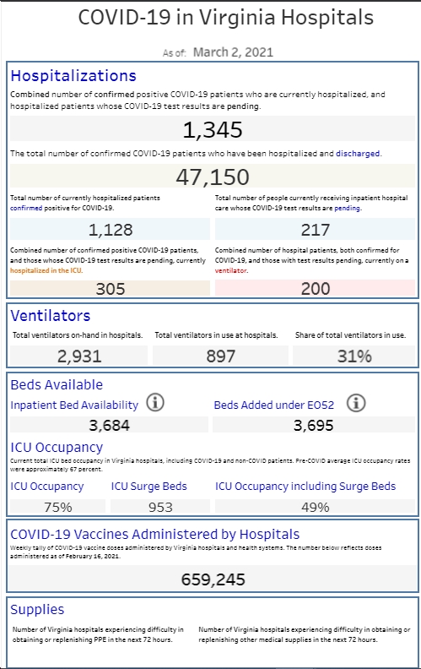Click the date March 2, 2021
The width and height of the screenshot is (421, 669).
[233, 52]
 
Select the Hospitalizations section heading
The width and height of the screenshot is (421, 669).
[73, 75]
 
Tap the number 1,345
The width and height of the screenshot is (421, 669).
[213, 130]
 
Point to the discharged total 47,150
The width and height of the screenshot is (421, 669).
[213, 177]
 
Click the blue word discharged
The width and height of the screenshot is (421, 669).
[358, 154]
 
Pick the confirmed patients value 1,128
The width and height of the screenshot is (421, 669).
[111, 230]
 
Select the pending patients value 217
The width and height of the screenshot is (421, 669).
[316, 230]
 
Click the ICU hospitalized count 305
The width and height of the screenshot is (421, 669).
[111, 289]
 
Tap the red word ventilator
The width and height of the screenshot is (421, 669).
[231, 270]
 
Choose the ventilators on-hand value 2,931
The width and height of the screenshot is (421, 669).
[79, 356]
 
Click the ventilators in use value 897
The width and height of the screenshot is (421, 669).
[221, 356]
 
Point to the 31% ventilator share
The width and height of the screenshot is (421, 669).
[354, 356]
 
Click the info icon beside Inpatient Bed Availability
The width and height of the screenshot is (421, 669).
[155, 402]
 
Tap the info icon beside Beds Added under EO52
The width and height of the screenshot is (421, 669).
[356, 403]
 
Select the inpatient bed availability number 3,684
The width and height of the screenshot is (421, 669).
[109, 426]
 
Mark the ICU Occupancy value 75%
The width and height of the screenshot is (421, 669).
[58, 508]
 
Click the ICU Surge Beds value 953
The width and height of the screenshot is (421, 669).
[160, 508]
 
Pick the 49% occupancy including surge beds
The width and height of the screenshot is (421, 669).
[316, 508]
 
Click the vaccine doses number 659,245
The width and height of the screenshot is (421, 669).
[213, 579]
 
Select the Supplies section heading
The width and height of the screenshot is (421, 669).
[37, 610]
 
